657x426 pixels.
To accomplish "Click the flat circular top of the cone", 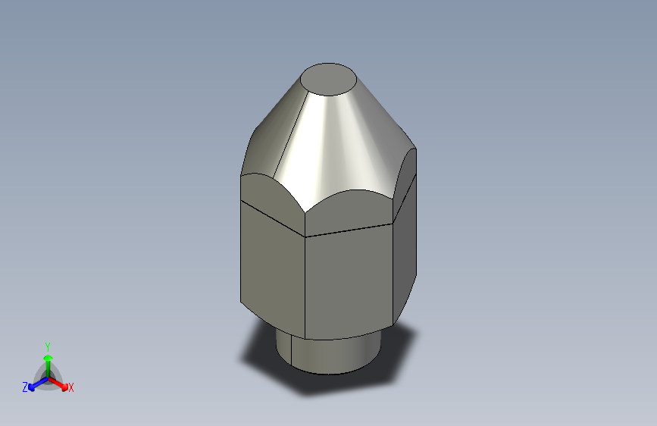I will [330, 79].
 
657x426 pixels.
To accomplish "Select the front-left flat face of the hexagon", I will [271, 265].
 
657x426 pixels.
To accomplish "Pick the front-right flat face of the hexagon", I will [349, 280].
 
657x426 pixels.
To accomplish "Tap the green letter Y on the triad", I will [47, 346].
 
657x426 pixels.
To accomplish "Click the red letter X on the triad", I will [71, 388].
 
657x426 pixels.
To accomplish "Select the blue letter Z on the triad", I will [25, 387].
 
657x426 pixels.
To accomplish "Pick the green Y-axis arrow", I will [48, 360].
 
